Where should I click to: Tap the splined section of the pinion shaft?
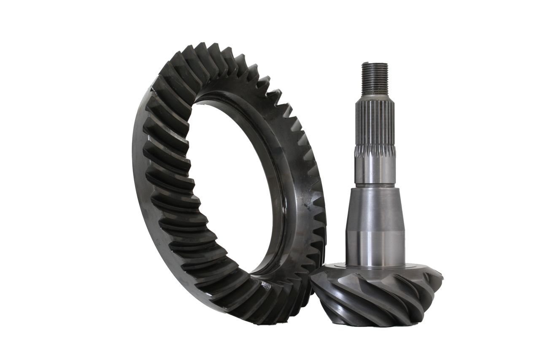375,127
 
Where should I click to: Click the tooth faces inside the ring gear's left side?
169,169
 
